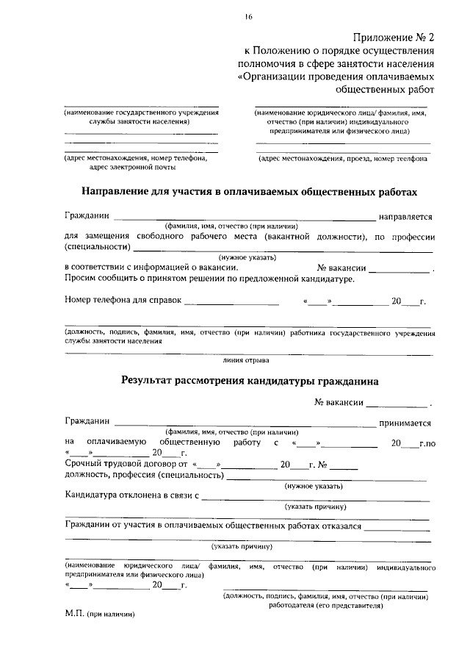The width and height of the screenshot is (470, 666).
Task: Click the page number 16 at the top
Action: (x=249, y=17)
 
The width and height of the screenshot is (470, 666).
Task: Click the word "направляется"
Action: (x=405, y=218)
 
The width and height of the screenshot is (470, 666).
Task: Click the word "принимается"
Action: (x=405, y=423)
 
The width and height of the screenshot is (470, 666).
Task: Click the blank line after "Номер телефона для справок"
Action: (x=231, y=301)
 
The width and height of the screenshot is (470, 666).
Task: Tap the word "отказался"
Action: (x=342, y=527)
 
